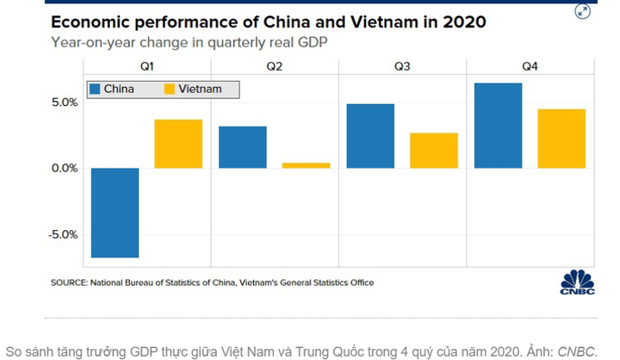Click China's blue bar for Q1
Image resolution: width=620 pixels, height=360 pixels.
pos(115,212)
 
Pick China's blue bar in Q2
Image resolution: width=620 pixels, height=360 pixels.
pos(242,147)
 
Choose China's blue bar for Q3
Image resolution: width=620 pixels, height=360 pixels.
pos(369,136)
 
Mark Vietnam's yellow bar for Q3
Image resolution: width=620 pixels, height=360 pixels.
pos(433,151)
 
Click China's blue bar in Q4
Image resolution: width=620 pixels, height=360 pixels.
pos(498,126)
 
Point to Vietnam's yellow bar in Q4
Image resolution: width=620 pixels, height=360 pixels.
pos(561,139)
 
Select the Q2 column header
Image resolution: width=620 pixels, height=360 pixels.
pos(275,67)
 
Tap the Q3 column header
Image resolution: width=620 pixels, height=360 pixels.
pos(402,67)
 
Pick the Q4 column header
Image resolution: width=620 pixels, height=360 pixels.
pos(530,67)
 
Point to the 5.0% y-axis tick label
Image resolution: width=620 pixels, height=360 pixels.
pos(64,102)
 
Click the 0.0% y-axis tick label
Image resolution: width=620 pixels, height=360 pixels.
pos(64,168)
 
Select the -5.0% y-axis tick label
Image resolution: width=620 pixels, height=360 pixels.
pos(62,234)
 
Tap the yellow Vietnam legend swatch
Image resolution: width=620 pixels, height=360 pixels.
pos(170,89)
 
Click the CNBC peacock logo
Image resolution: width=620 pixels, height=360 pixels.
pos(577,282)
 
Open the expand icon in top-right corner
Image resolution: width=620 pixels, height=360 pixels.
pos(583,11)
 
